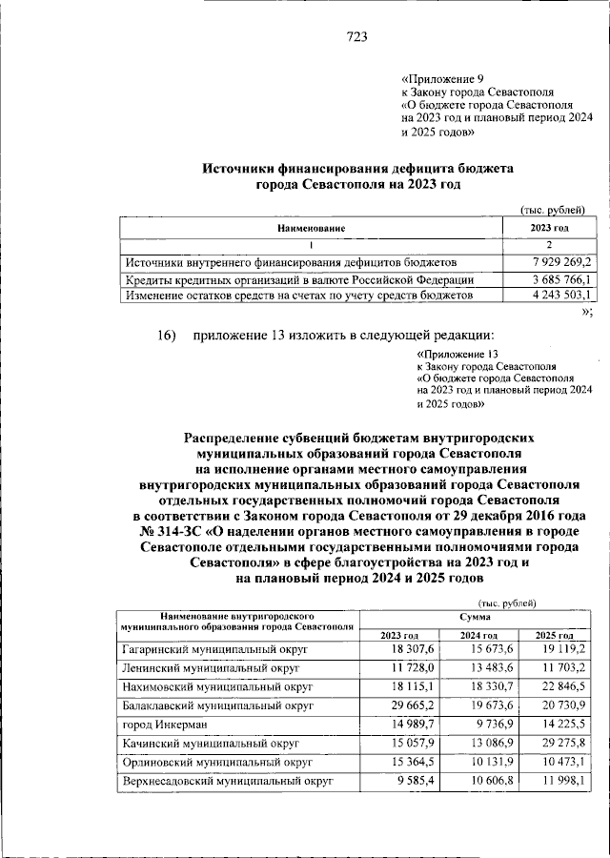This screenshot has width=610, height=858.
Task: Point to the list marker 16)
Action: pyautogui.click(x=168, y=335)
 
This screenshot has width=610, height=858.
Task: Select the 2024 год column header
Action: pyautogui.click(x=477, y=636)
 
